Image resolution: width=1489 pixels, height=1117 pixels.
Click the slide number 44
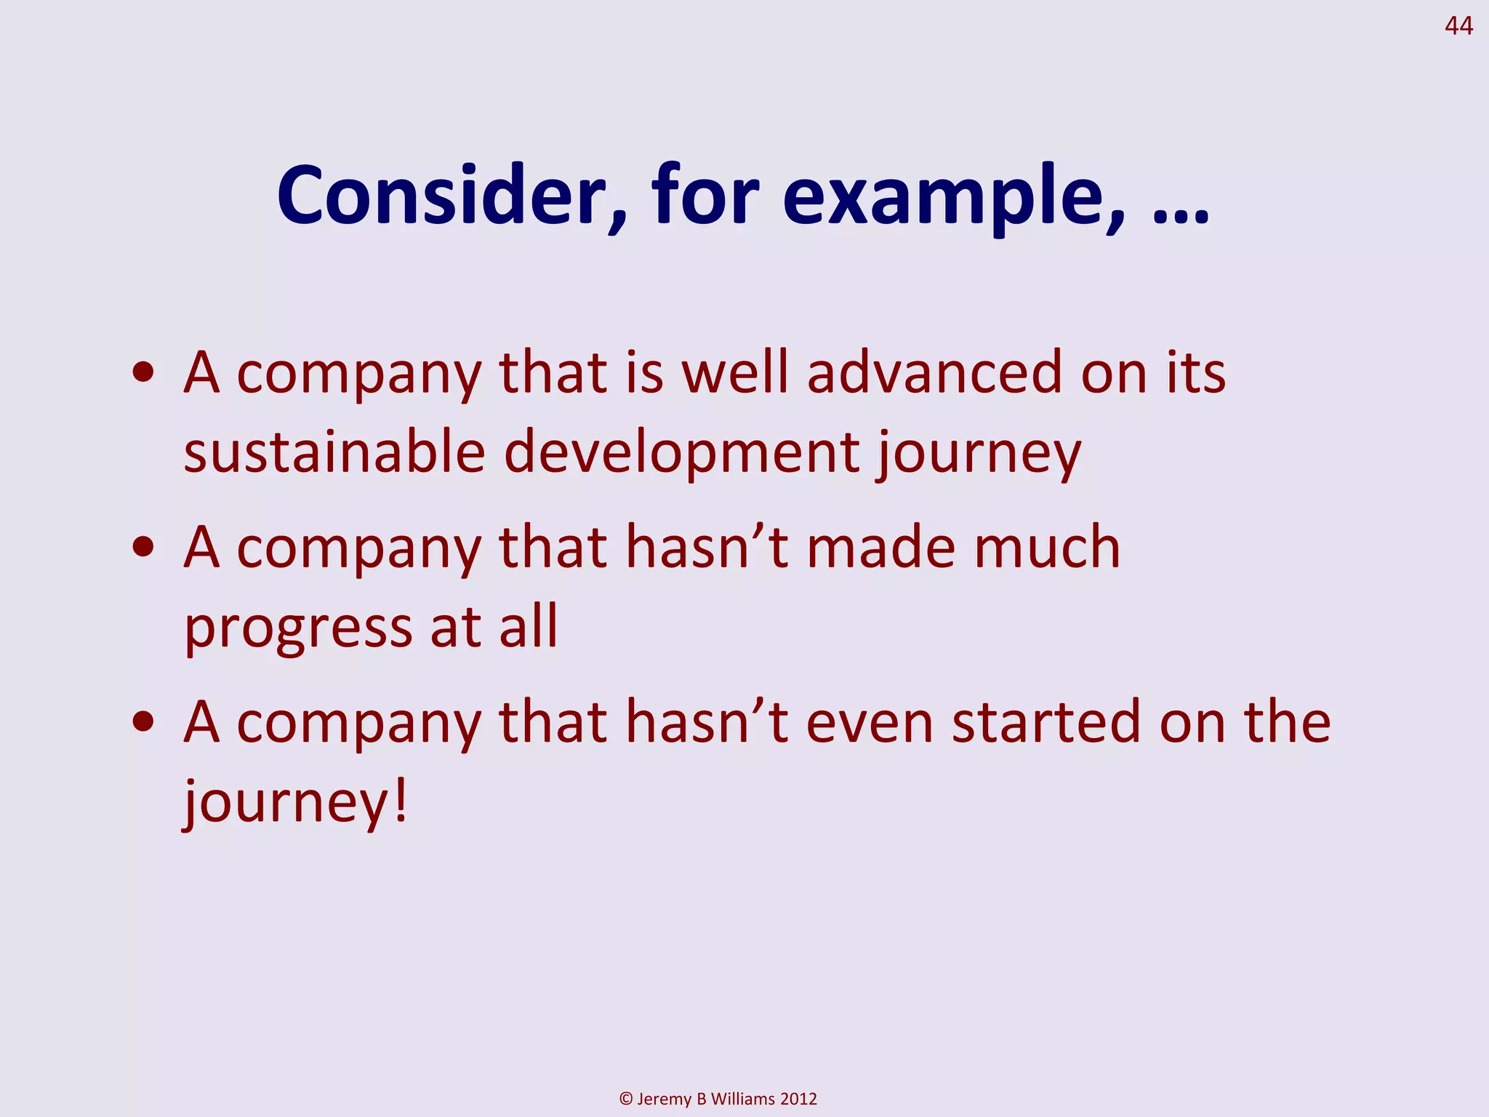tap(1458, 26)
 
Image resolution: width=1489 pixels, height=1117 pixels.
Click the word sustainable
tap(334, 452)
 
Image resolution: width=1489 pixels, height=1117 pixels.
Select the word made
tap(880, 547)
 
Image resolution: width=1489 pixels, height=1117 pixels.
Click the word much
tap(1047, 547)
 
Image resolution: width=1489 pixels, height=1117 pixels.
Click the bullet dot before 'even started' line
tap(143, 721)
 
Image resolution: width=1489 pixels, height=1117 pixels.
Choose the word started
tap(1046, 721)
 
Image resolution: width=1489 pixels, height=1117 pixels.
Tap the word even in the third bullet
tap(870, 723)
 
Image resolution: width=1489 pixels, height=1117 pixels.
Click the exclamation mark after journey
tap(399, 800)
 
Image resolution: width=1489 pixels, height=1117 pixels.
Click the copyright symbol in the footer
tap(626, 1099)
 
